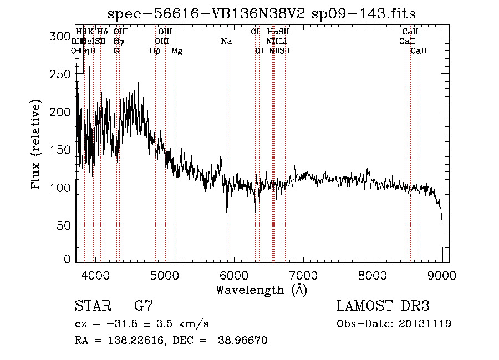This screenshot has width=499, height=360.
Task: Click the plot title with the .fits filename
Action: point(261,13)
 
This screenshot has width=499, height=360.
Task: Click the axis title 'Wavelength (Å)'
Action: point(261,290)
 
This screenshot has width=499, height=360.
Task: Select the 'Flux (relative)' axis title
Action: point(37,145)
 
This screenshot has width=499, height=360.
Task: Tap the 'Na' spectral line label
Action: point(226,41)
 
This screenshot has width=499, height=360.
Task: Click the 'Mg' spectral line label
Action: point(177,50)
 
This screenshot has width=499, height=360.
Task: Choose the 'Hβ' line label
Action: point(155,50)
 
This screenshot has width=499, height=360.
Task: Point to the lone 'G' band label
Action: point(116,50)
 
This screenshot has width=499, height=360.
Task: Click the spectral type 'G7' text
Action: point(143,306)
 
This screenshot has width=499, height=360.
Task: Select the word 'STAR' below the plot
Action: point(91,306)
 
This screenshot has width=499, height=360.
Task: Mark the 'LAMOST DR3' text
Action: point(383,306)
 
